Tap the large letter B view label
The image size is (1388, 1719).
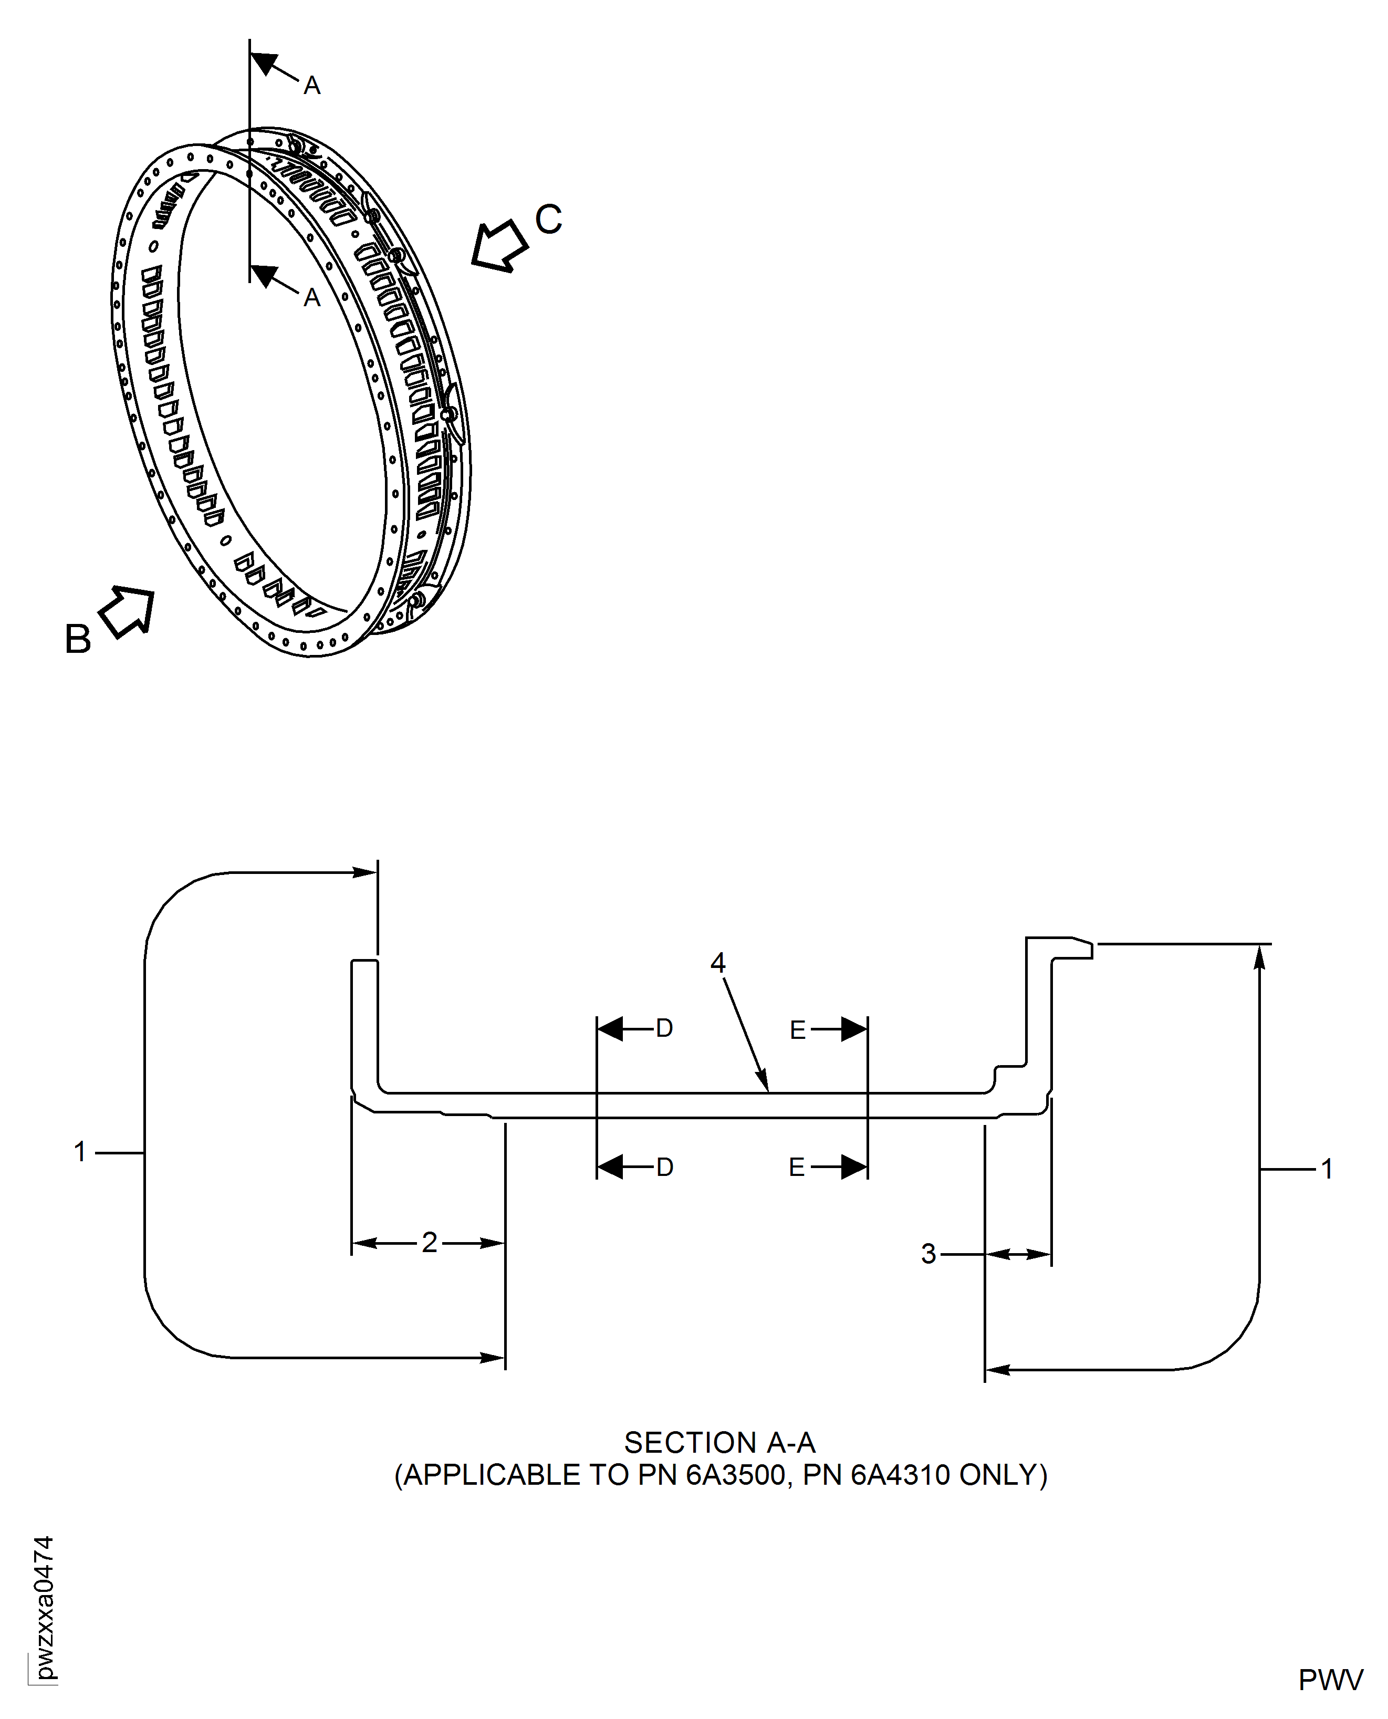point(78,640)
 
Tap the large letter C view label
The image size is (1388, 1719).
point(548,219)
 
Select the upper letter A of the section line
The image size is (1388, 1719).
point(312,86)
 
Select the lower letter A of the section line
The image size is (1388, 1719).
point(312,298)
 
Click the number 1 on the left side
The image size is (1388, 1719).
point(80,1152)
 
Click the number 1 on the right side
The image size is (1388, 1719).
point(1327,1169)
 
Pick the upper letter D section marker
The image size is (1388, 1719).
point(664,1029)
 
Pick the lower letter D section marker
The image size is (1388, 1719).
point(664,1168)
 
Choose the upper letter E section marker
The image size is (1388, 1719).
point(797,1030)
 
